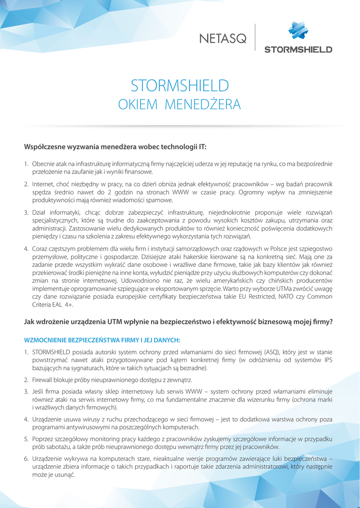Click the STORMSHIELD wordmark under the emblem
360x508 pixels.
coord(298,49)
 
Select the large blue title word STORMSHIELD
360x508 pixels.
coord(180,86)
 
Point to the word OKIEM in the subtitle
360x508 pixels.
coord(137,105)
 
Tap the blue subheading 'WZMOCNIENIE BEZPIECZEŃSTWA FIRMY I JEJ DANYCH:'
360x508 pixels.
coord(102,340)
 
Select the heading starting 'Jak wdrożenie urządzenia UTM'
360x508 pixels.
coord(178,321)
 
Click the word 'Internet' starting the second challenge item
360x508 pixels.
coord(43,184)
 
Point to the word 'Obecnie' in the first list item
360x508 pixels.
coord(44,163)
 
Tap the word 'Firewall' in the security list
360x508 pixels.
coord(44,380)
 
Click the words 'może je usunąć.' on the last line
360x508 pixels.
coord(53,475)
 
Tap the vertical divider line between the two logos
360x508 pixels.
coord(255,37)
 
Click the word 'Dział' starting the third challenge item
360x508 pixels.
coord(40,212)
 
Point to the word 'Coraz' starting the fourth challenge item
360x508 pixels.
coord(41,248)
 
